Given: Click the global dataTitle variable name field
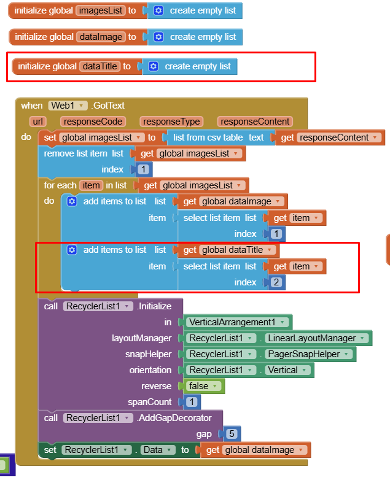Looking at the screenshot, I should tap(99, 66).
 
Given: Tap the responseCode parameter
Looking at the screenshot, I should tap(93, 122).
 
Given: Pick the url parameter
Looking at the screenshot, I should tap(38, 122).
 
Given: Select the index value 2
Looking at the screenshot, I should tap(276, 282).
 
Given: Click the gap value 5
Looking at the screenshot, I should tap(232, 434).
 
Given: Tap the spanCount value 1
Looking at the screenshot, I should tap(192, 402).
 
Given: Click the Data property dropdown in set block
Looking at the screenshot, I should tap(155, 450).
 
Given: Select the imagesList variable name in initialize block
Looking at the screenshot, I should tap(100, 10).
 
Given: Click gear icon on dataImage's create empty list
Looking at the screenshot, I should tap(158, 37).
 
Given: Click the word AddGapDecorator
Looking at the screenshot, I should tap(174, 418).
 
